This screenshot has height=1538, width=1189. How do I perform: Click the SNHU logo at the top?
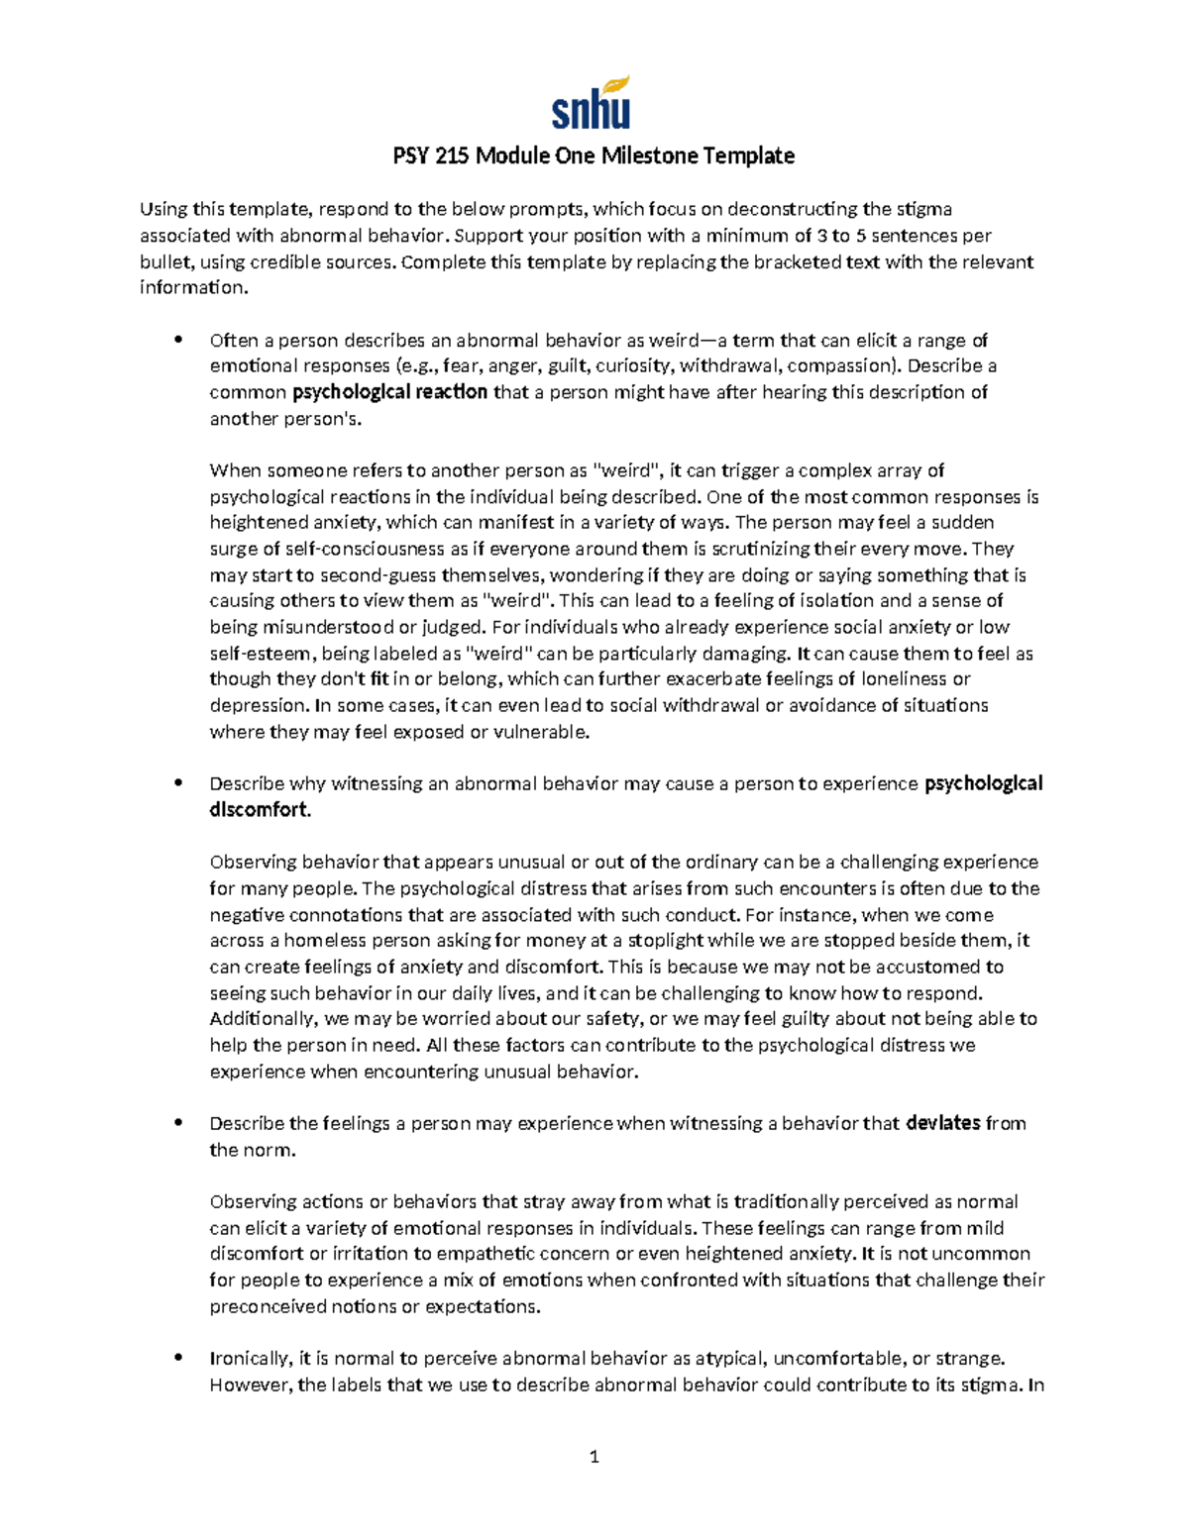[x=591, y=103]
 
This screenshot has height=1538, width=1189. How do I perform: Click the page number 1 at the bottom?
[x=594, y=1456]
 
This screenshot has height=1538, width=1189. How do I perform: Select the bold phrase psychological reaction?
[x=389, y=392]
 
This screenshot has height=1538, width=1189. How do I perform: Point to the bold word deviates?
[x=942, y=1123]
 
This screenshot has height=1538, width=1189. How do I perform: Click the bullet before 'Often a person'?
[x=178, y=341]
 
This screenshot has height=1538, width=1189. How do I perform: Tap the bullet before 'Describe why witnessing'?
[x=178, y=783]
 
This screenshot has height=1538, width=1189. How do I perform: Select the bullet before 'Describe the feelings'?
[x=178, y=1123]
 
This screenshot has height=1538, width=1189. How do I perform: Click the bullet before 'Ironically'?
[x=178, y=1359]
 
